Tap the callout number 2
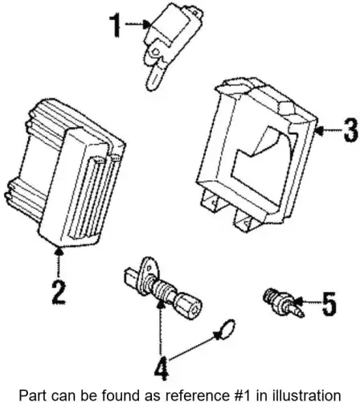(59, 293)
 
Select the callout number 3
(351, 129)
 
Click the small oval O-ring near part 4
(227, 330)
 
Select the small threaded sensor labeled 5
(282, 303)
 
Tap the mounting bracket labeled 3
(256, 155)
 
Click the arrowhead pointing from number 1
(147, 24)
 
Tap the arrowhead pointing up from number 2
(59, 252)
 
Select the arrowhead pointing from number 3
(319, 130)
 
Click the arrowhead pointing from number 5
(298, 302)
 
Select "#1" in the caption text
(240, 396)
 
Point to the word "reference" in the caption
(201, 396)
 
